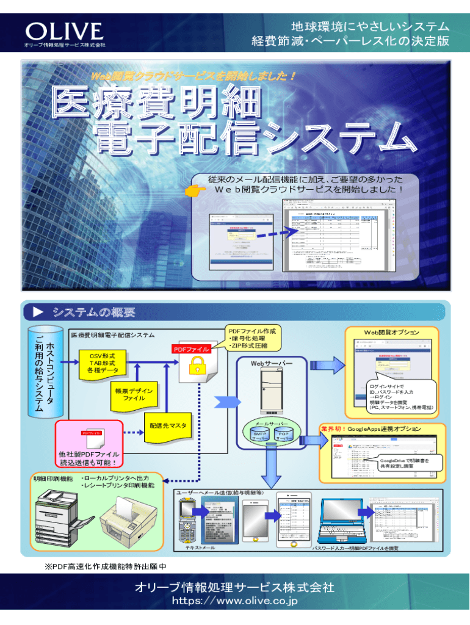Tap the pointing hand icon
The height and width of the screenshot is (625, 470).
(x=197, y=192)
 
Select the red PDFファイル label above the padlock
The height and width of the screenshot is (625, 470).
(x=191, y=349)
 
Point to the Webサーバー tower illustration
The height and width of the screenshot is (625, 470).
(x=267, y=390)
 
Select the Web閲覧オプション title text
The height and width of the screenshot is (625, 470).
(x=391, y=332)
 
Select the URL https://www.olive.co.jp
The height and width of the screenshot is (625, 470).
(x=235, y=602)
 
